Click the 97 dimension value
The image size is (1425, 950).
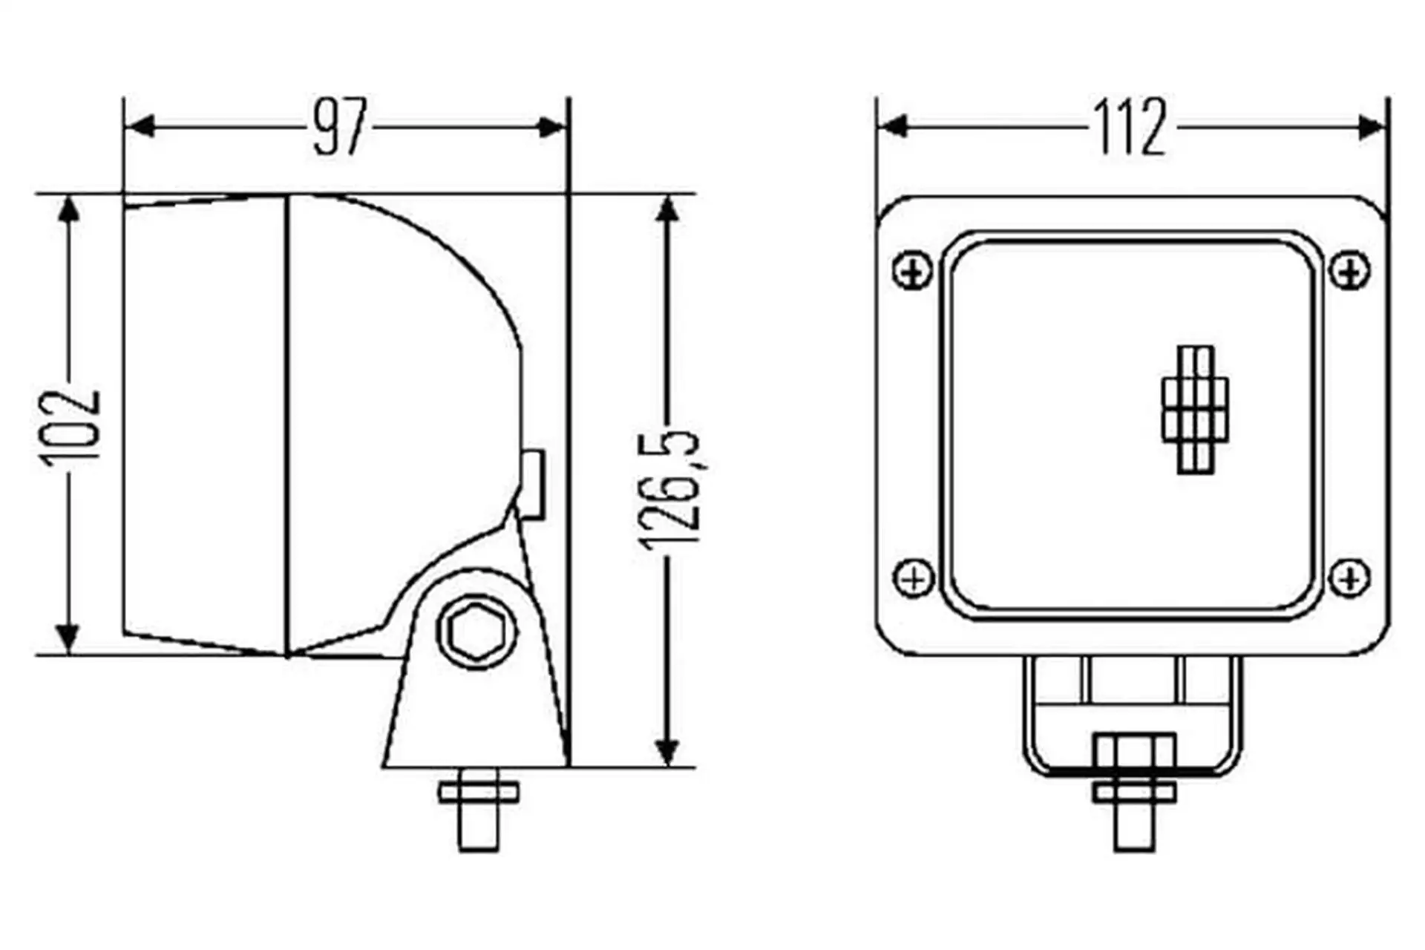pos(340,128)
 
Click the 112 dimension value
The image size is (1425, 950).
pos(1130,128)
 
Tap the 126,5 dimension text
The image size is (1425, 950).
pos(669,489)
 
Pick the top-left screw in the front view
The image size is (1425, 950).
pos(913,272)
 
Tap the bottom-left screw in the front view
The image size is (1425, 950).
pos(914,577)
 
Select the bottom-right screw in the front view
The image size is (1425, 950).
pos(1349,577)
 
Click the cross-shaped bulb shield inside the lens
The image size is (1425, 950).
pos(1195,410)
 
